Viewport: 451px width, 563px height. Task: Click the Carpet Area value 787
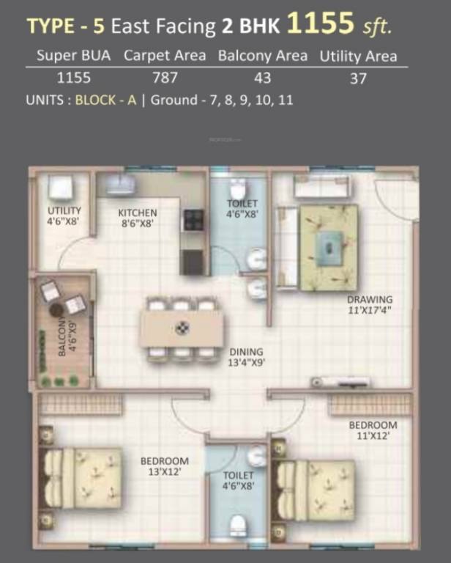pyautogui.click(x=165, y=78)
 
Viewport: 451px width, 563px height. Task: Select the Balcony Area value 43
pyautogui.click(x=263, y=78)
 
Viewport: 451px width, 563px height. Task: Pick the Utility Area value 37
pyautogui.click(x=358, y=78)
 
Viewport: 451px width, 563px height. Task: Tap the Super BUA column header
pyautogui.click(x=74, y=56)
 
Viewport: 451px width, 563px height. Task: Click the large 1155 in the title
pyautogui.click(x=320, y=25)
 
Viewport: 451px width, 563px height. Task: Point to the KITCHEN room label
pyautogui.click(x=138, y=213)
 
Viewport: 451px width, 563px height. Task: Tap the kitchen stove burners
pyautogui.click(x=193, y=221)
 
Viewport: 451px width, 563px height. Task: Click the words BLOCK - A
pyautogui.click(x=105, y=101)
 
